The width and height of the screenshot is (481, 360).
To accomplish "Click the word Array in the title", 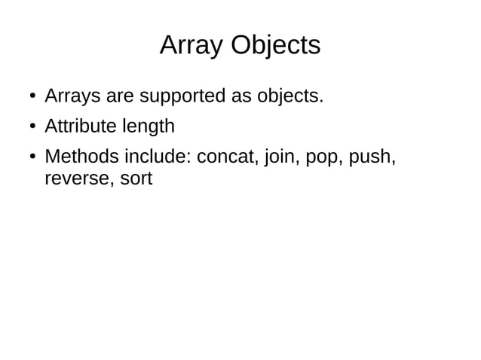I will (x=191, y=45).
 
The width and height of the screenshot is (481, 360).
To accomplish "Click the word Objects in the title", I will (x=275, y=47).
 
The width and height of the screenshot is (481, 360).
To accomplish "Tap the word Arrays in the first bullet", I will (x=69, y=96).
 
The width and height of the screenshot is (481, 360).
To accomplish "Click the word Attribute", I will (x=78, y=126).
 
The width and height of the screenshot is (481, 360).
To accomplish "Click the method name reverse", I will (x=74, y=179).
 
